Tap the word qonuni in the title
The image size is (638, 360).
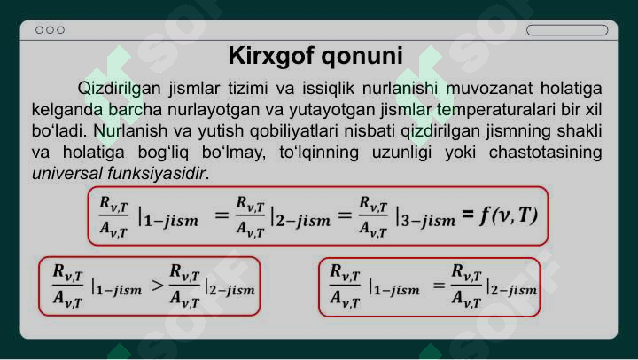click(362, 56)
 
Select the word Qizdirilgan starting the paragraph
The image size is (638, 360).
click(119, 89)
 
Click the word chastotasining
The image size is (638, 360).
click(545, 153)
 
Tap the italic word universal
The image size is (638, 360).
click(66, 174)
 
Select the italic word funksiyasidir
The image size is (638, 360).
click(157, 174)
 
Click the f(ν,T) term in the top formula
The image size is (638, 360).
click(509, 215)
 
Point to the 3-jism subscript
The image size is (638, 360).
click(429, 220)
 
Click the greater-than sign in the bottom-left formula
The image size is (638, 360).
click(158, 286)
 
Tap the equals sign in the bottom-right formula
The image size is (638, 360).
click(439, 286)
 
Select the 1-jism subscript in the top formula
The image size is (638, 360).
click(171, 220)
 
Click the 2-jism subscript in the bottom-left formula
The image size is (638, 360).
click(232, 290)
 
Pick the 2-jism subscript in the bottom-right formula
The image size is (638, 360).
click(513, 290)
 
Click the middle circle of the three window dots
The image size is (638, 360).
click(50, 30)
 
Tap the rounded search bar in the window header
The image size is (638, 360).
click(567, 30)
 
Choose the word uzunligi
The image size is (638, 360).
click(401, 153)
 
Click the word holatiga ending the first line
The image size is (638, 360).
click(572, 89)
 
